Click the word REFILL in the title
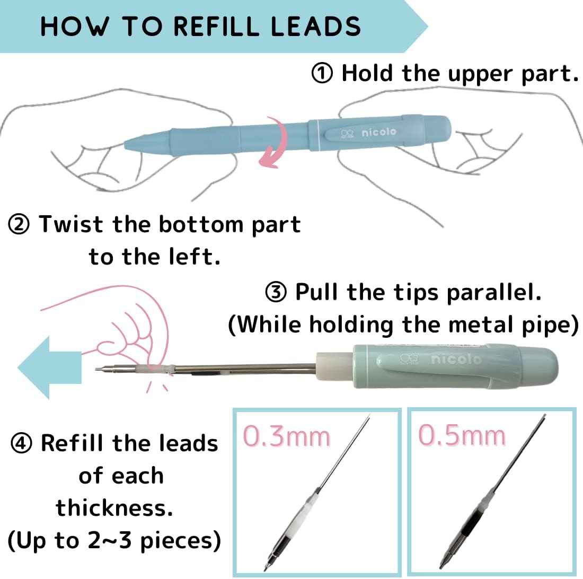pyautogui.click(x=216, y=26)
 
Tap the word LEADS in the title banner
pyautogui.click(x=315, y=26)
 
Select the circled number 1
pyautogui.click(x=322, y=73)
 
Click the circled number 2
pyautogui.click(x=19, y=225)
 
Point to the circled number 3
pyautogui.click(x=276, y=292)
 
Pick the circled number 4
pyautogui.click(x=21, y=443)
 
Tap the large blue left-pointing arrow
pyautogui.click(x=49, y=367)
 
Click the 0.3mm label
pyautogui.click(x=286, y=436)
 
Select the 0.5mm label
pyautogui.click(x=462, y=435)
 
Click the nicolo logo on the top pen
pyautogui.click(x=368, y=133)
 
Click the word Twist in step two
pyautogui.click(x=71, y=225)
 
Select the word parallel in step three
pyautogui.click(x=494, y=293)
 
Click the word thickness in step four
pyautogui.click(x=114, y=508)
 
